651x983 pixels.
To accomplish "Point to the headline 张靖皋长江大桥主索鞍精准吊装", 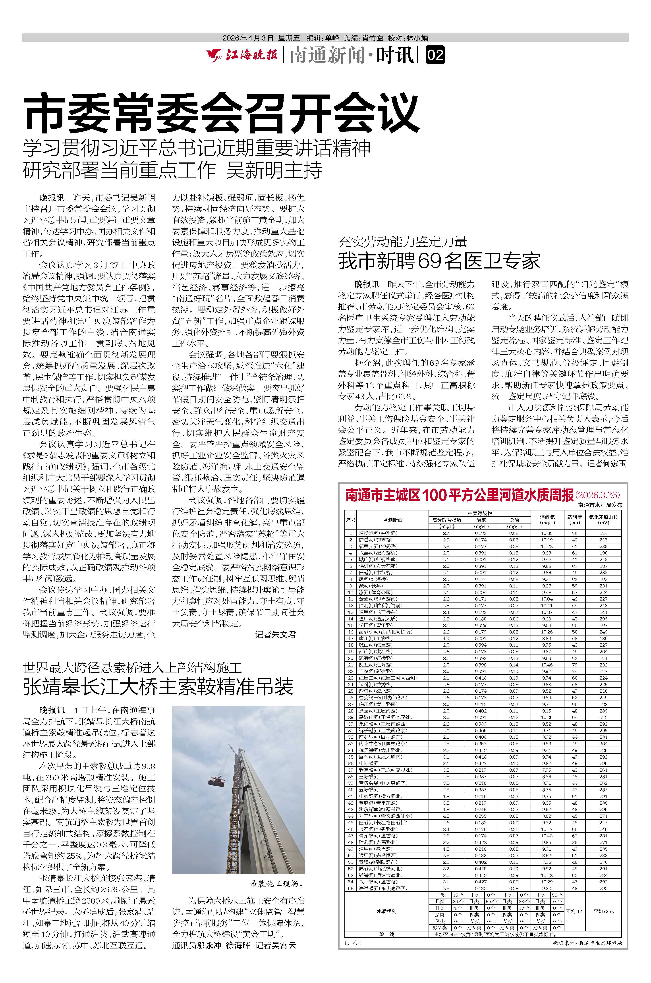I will coord(158,687).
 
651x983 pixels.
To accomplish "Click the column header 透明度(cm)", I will coord(575,520).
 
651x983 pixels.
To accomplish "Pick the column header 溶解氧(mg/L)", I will coord(547,520).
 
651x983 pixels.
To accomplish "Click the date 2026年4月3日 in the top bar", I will coord(248,38).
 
